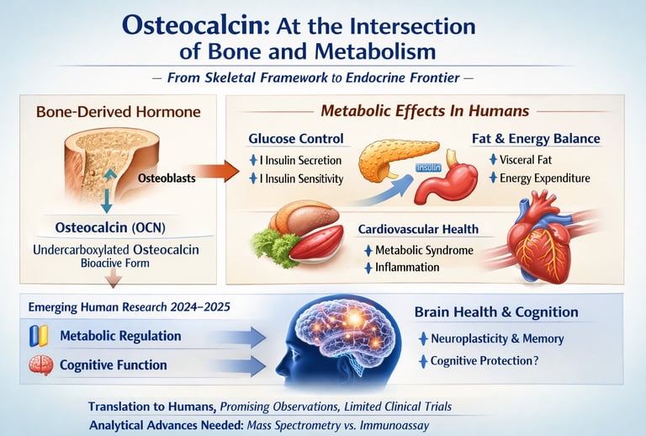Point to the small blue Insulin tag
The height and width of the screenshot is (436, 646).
coord(429,168)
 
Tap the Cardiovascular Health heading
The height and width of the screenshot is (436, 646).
coord(418,229)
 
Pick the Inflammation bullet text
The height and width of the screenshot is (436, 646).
coord(407,268)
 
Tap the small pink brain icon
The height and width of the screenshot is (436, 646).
coord(36,366)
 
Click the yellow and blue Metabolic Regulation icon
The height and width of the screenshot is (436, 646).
coord(36,337)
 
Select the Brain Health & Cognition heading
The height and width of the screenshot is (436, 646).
coord(496,312)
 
